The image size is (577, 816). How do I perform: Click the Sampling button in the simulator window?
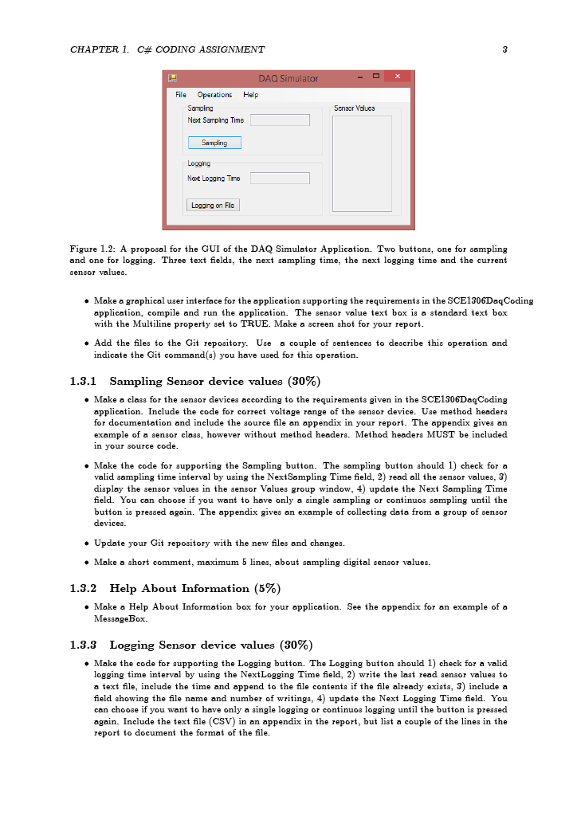(214, 143)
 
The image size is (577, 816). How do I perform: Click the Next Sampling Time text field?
(280, 120)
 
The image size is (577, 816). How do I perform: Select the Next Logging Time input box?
(280, 178)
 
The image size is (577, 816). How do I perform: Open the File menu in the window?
(181, 95)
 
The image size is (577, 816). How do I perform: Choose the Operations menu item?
(214, 95)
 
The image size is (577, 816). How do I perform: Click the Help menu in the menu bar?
(250, 95)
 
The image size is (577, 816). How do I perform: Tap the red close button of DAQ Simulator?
(397, 76)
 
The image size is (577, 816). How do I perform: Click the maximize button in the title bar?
(375, 76)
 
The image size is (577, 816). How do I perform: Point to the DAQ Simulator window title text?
(288, 78)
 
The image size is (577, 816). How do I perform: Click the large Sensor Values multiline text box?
(362, 163)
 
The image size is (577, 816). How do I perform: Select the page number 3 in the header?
(505, 49)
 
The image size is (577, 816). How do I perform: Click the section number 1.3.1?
(83, 381)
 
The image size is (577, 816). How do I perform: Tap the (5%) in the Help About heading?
(267, 588)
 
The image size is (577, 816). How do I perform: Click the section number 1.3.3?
(83, 645)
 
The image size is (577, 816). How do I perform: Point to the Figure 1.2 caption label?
(92, 249)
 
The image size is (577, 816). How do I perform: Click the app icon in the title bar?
(171, 77)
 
